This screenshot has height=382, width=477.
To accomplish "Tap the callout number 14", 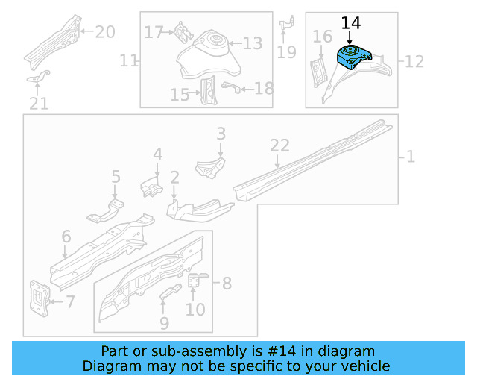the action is [350, 23].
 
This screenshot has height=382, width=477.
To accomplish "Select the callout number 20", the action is [105, 31].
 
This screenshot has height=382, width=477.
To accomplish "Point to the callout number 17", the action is [154, 32].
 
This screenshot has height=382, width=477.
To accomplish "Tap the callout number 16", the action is [322, 37].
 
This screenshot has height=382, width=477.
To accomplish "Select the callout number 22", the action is [279, 145].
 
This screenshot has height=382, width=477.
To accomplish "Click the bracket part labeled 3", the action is [210, 166].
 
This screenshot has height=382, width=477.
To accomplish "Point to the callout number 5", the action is [116, 177].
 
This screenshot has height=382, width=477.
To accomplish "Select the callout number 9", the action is [164, 323].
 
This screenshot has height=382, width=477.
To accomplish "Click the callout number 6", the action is [66, 237].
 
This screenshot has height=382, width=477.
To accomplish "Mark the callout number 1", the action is [410, 157].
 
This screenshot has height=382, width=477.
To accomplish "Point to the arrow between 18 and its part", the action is [243, 89].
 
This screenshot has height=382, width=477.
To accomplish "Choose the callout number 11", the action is [129, 60].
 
